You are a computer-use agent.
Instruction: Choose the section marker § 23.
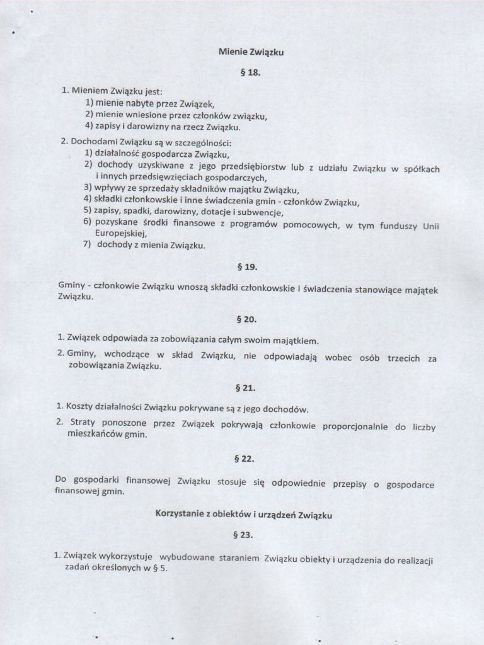click(243, 535)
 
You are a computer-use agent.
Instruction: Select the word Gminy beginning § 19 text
click(70, 285)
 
